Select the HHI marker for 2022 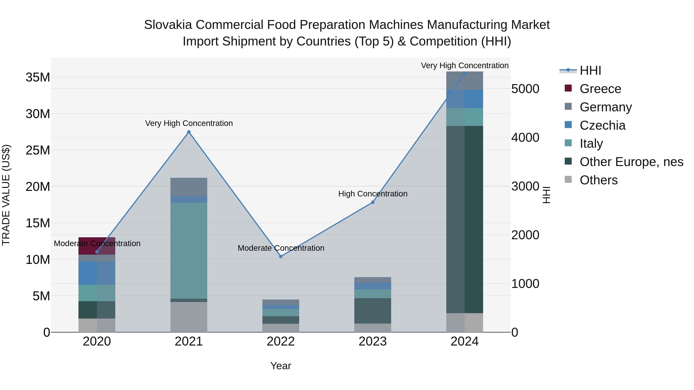pos(281,257)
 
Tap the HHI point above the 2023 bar pos(373,202)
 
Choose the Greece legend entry pos(600,89)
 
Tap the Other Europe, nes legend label pos(631,162)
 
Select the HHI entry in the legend pos(590,70)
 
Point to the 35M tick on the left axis pos(38,77)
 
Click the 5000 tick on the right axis pos(525,89)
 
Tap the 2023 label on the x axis pos(373,341)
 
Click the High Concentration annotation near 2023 pos(373,194)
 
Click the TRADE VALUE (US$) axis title pos(6,195)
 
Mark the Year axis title pos(280,366)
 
